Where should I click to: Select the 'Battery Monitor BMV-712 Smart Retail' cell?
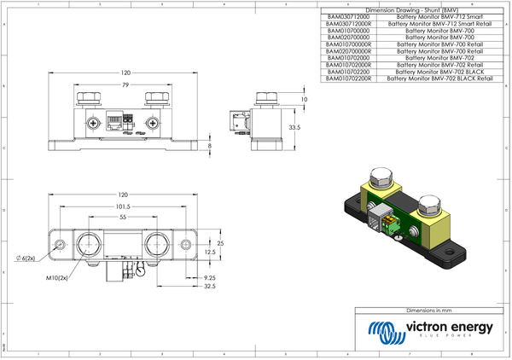click(x=439, y=24)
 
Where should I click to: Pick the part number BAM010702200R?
click(x=350, y=78)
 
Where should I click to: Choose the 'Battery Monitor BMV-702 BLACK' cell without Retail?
click(x=439, y=72)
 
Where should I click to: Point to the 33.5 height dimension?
click(x=294, y=127)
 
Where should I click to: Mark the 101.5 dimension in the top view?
click(x=123, y=206)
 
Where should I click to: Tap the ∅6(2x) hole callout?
click(x=26, y=258)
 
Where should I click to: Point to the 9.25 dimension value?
click(x=210, y=278)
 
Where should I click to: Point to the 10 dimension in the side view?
click(x=305, y=100)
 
